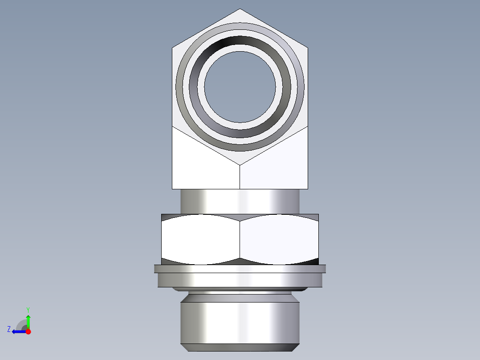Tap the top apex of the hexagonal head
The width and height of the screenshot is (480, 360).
[x=240, y=9]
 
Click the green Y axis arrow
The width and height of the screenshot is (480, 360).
[x=28, y=320]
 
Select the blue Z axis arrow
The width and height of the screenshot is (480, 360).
[x=18, y=331]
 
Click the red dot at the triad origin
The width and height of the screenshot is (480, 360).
[x=28, y=331]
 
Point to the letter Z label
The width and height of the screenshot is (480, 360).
[x=9, y=329]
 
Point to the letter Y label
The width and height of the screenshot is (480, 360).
[x=28, y=309]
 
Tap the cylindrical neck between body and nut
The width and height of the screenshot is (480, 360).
[x=240, y=201]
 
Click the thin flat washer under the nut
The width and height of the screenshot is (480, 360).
[x=240, y=269]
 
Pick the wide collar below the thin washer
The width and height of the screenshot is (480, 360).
[x=240, y=280]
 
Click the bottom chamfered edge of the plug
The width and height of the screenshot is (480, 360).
[x=240, y=348]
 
